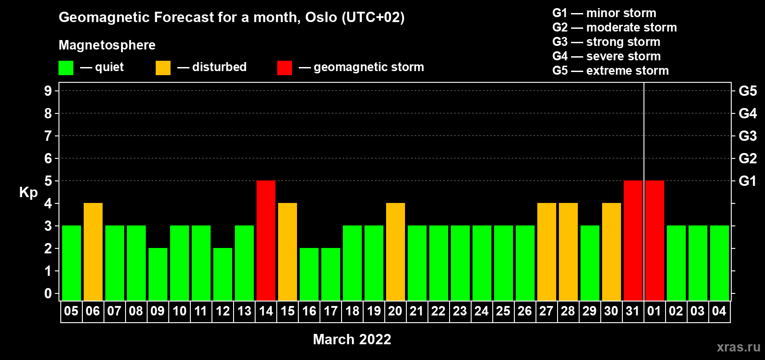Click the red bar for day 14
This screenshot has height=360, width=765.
265,240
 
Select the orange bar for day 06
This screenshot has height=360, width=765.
93,252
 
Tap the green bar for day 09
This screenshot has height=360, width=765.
158,274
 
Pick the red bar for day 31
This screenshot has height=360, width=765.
633,240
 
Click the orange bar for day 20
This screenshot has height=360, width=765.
396,252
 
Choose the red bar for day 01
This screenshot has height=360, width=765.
655,240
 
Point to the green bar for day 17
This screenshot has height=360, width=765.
331,274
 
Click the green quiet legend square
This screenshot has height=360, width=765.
66,67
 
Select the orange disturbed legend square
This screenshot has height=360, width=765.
163,67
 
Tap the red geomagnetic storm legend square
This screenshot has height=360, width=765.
284,67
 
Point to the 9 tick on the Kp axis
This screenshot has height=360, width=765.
48,91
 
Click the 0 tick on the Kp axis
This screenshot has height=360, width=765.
48,293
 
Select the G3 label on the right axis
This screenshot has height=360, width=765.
747,136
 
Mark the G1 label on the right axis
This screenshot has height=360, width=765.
747,181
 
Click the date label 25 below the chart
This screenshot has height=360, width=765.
503,311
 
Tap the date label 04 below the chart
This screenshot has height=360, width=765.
719,311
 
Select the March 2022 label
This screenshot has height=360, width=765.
352,339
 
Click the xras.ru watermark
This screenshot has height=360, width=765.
738,347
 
